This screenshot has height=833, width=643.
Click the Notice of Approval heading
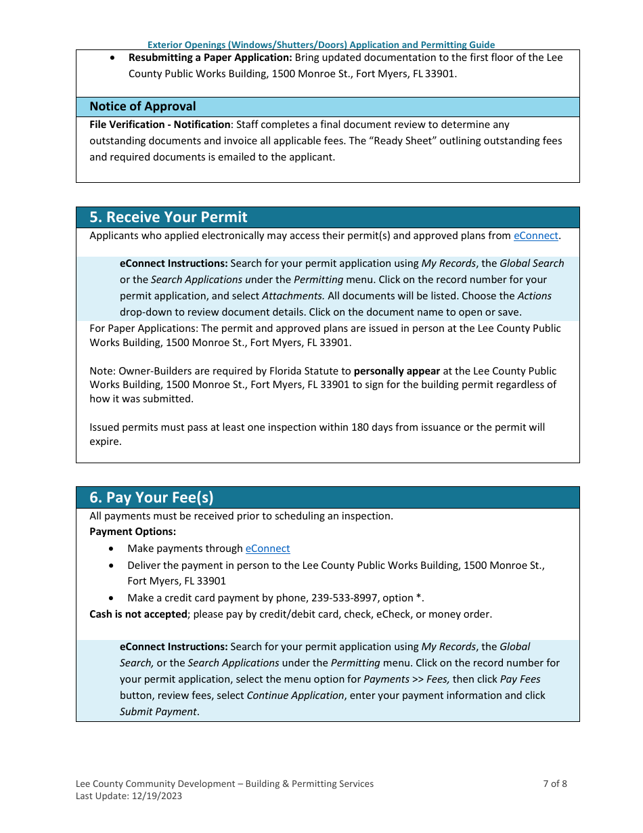[143, 106]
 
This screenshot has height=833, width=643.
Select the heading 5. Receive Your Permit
[169, 217]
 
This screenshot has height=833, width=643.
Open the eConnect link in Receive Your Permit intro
[535, 236]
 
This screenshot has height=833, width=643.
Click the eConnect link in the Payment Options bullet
[267, 549]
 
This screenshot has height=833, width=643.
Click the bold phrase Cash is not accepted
[138, 614]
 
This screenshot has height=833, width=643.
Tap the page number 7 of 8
[555, 784]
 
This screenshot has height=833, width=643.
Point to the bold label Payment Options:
[133, 532]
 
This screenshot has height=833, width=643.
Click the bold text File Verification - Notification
[160, 125]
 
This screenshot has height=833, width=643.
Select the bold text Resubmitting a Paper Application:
[210, 58]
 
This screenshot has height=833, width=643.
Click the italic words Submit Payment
[158, 712]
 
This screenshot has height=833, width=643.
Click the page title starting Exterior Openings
[321, 45]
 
